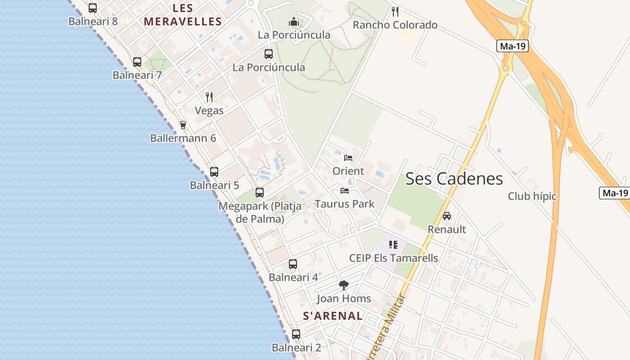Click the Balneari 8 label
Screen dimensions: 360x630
pyautogui.click(x=93, y=21)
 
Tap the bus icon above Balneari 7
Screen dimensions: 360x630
pyautogui.click(x=137, y=62)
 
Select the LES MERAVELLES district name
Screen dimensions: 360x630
pyautogui.click(x=183, y=15)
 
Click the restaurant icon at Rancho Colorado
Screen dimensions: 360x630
pyautogui.click(x=395, y=11)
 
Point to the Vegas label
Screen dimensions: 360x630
pyautogui.click(x=209, y=110)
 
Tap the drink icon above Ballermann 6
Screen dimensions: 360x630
pyautogui.click(x=183, y=125)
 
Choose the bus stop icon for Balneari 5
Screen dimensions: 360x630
pyautogui.click(x=214, y=171)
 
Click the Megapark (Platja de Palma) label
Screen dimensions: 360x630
pyautogui.click(x=260, y=212)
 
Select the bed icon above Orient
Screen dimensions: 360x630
pyautogui.click(x=348, y=157)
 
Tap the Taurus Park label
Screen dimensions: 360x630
pyautogui.click(x=345, y=204)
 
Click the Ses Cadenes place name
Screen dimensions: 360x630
pyautogui.click(x=454, y=179)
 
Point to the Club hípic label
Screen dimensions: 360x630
pyautogui.click(x=532, y=196)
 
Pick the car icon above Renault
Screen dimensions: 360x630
pyautogui.click(x=447, y=216)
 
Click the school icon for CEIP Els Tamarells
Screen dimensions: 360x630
pyautogui.click(x=393, y=245)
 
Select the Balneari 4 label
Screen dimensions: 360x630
pyautogui.click(x=293, y=277)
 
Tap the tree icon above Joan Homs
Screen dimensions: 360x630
pyautogui.click(x=344, y=285)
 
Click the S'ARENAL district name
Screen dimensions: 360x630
pyautogui.click(x=333, y=316)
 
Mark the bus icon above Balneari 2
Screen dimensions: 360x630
pyautogui.click(x=296, y=334)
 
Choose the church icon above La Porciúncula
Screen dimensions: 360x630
pyautogui.click(x=294, y=22)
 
